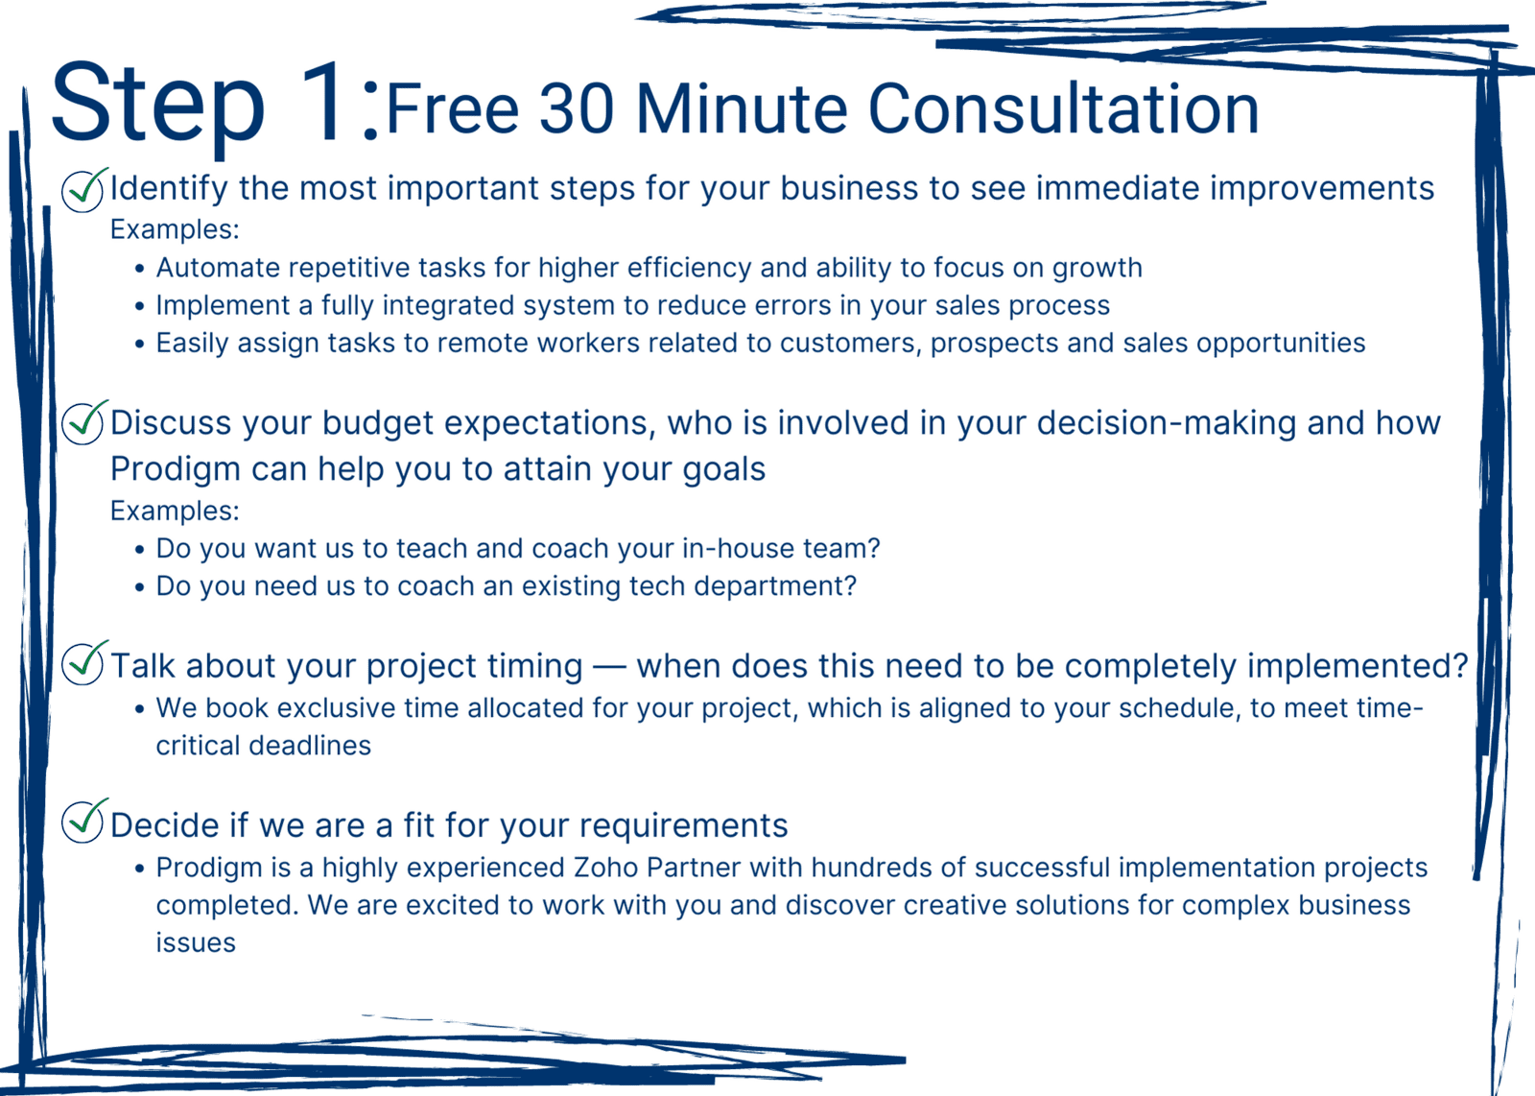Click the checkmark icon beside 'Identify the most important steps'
[83, 190]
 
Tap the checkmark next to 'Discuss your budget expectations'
[83, 422]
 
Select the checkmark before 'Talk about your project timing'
[83, 663]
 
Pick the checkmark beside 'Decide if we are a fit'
[83, 821]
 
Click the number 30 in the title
[576, 109]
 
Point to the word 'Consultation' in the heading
[1063, 109]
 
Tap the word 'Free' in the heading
[452, 109]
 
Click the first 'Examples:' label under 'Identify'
[175, 229]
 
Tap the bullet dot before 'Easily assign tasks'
[140, 344]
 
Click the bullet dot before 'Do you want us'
[140, 549]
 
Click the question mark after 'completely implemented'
[1459, 664]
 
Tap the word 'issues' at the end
[196, 942]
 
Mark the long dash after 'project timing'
[609, 667]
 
